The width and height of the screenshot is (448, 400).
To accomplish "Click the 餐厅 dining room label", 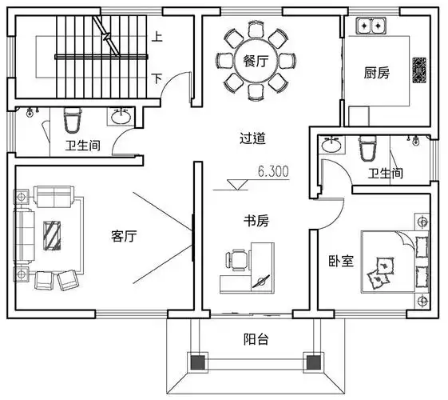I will (255, 62).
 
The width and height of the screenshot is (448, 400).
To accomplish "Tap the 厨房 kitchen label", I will (377, 74).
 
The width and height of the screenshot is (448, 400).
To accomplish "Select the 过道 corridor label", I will (252, 138).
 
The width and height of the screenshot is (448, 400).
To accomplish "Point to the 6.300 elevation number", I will (274, 171).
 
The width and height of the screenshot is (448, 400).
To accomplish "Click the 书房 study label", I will (256, 221).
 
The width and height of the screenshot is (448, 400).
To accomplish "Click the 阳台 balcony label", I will (256, 339).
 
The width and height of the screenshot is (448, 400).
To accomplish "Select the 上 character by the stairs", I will (157, 37).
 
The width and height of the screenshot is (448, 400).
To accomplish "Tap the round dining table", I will (256, 62).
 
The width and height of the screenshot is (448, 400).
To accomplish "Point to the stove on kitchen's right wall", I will (418, 70).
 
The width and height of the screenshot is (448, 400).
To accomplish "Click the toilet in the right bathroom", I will (367, 147).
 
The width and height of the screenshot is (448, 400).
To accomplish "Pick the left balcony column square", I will (196, 362).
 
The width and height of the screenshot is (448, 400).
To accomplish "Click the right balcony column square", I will (314, 362).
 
